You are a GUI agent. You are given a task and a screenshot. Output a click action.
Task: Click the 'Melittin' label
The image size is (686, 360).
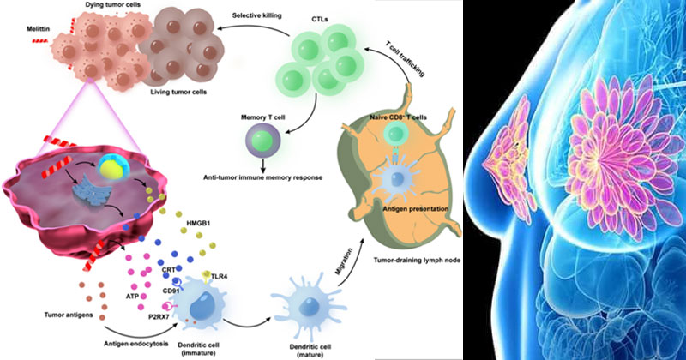(x=38, y=29)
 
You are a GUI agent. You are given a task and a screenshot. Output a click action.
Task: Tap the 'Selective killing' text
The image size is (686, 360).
(x=256, y=15)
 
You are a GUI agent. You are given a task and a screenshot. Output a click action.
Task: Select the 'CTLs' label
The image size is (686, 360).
(x=320, y=19)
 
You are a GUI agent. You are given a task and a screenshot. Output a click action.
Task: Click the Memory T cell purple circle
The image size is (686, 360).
(x=262, y=141)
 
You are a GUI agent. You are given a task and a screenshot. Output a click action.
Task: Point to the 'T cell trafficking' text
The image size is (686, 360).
(x=405, y=59)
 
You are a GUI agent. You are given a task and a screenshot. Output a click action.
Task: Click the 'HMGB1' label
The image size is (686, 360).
(x=198, y=223)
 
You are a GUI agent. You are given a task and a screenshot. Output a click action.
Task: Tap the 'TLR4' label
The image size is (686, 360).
(x=220, y=277)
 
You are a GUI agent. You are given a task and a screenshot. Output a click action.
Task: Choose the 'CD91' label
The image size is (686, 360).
(x=171, y=290)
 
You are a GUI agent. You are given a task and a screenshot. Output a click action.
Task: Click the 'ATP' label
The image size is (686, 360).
(x=132, y=297)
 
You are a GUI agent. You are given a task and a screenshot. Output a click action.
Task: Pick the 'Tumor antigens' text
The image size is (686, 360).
(x=69, y=315)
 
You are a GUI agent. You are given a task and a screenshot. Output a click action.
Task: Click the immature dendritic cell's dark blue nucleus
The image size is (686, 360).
(x=202, y=305)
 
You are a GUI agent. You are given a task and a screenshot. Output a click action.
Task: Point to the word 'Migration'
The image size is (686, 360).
(x=344, y=261)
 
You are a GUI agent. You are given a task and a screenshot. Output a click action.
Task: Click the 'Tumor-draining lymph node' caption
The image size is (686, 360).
(x=417, y=261)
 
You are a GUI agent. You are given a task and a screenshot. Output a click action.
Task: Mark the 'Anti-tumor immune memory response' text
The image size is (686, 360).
(x=263, y=177)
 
